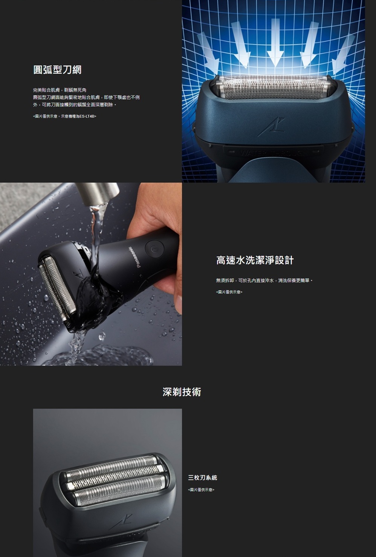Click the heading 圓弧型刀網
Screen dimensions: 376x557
(x=57, y=70)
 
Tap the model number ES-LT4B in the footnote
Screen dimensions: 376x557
(x=87, y=116)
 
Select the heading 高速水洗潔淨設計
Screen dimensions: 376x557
(x=255, y=260)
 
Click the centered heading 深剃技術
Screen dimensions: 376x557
(x=182, y=392)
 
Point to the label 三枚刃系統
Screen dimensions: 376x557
(x=203, y=477)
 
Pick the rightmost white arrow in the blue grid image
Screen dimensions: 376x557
(x=343, y=54)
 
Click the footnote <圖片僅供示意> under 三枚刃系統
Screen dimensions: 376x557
(x=201, y=490)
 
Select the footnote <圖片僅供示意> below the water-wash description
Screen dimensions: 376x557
(x=229, y=292)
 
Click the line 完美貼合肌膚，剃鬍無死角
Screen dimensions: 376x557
(x=60, y=90)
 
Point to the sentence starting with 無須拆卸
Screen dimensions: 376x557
(x=264, y=280)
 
